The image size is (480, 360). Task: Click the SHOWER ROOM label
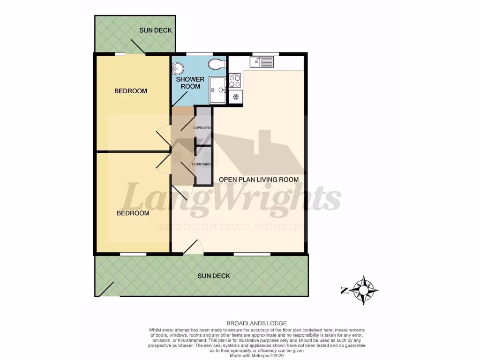click(x=190, y=83)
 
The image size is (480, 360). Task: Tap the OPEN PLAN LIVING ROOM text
click(x=259, y=180)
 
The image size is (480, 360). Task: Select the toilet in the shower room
click(x=216, y=64)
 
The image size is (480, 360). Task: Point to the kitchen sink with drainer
click(x=262, y=62)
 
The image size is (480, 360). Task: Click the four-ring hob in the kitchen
click(x=235, y=81)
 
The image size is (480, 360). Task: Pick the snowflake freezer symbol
click(x=235, y=97)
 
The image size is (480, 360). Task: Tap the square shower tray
click(x=218, y=90)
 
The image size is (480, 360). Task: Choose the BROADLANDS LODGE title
click(x=256, y=323)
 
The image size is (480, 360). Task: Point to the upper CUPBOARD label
click(x=202, y=127)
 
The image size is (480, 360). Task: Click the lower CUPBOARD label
click(x=202, y=164)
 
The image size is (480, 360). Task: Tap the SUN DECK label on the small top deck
click(x=156, y=30)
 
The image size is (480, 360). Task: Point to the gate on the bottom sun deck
click(x=105, y=290)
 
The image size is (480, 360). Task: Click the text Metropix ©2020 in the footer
click(x=270, y=356)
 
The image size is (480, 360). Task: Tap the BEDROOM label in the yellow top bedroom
click(x=131, y=91)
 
